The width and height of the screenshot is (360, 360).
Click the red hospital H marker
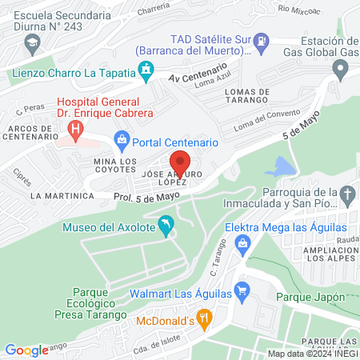[76, 127]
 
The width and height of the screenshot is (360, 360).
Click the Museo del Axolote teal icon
[166, 227]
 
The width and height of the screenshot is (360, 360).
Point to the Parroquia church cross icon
[347, 194]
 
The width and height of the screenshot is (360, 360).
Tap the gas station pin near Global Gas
[342, 70]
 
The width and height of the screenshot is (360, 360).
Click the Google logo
[26, 350]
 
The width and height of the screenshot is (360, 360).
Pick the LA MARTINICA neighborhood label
[57, 195]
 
